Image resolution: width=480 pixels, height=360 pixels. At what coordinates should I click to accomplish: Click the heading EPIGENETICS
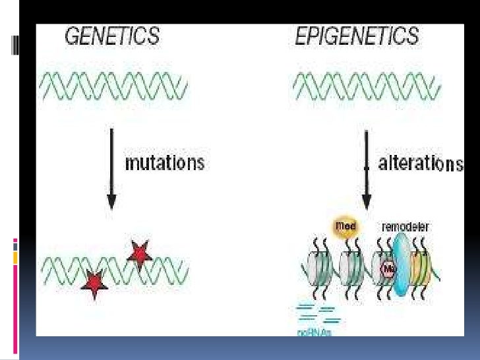pos(356,36)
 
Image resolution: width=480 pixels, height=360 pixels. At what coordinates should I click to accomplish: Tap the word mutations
pos(165,162)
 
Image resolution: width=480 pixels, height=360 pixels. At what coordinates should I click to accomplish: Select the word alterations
pos(421,164)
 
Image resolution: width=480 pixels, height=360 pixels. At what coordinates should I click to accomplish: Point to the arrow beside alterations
pos(367,168)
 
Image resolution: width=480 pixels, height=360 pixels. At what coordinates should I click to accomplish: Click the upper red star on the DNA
pos(139,253)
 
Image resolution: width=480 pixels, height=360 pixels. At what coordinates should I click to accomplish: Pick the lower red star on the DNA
pos(96,284)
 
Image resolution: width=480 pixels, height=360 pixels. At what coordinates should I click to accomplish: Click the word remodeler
pos(406,227)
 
